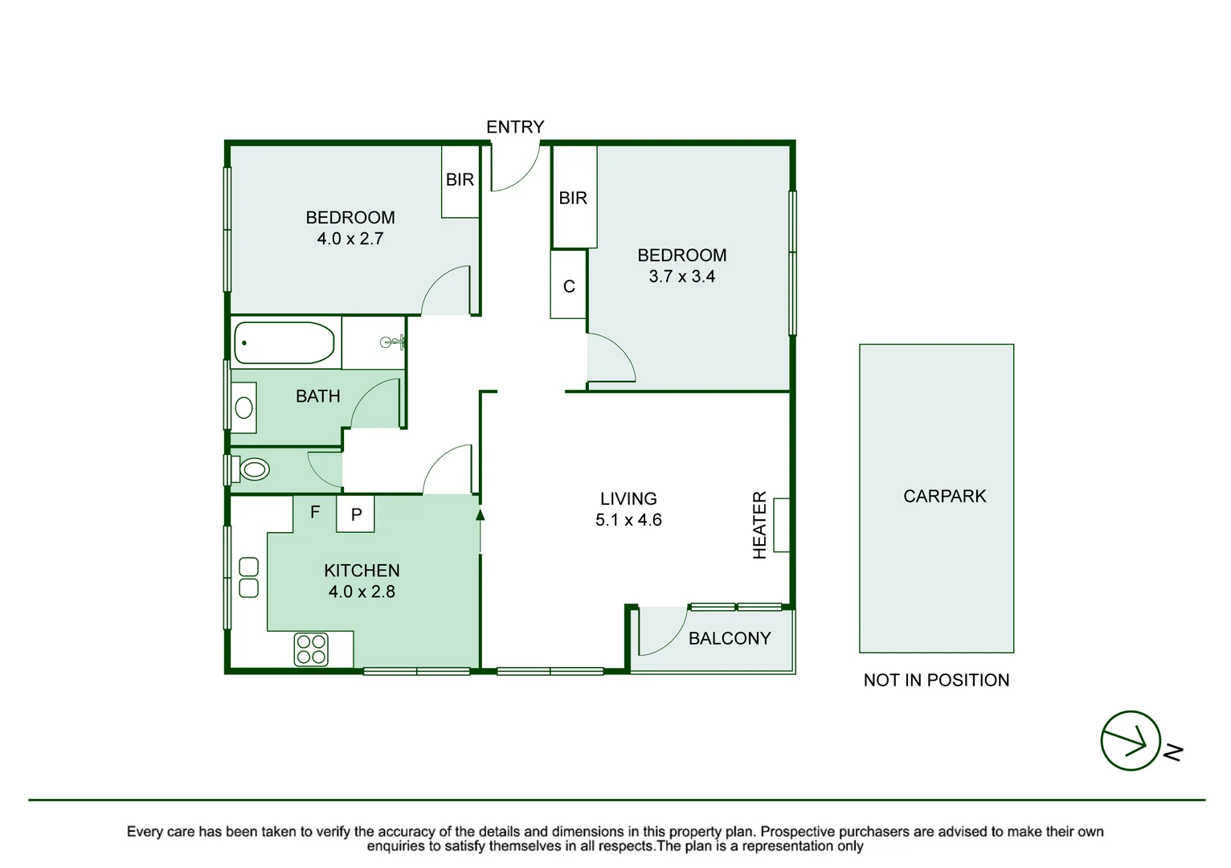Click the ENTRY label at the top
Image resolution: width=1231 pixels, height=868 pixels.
(x=515, y=127)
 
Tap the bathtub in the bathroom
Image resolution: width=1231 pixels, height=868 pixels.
(x=284, y=343)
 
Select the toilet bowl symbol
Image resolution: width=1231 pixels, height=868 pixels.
(x=255, y=470)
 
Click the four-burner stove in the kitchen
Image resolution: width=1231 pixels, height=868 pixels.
(x=311, y=649)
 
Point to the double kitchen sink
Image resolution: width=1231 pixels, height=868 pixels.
(x=249, y=577)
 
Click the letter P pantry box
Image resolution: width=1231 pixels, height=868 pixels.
(x=356, y=514)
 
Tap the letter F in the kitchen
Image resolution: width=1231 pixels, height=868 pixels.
(x=315, y=512)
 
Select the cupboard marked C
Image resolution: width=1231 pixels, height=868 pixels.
(x=569, y=285)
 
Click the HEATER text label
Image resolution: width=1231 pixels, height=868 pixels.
(x=759, y=525)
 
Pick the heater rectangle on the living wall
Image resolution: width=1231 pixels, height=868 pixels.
(x=782, y=525)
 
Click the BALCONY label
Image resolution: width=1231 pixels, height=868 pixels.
(x=730, y=638)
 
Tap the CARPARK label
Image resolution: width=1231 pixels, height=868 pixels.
(x=945, y=497)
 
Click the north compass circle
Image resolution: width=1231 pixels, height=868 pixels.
(x=1131, y=740)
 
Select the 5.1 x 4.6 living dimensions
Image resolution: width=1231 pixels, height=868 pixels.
(x=628, y=519)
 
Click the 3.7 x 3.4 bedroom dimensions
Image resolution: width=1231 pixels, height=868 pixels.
(x=682, y=276)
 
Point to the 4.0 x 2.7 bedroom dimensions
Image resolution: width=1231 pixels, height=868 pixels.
(x=350, y=239)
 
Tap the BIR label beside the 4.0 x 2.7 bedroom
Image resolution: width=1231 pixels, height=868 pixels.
(x=460, y=180)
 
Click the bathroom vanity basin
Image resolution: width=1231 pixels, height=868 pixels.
(x=243, y=408)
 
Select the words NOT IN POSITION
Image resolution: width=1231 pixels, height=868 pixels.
(x=936, y=681)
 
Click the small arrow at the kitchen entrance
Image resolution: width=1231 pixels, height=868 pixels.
(x=481, y=515)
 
